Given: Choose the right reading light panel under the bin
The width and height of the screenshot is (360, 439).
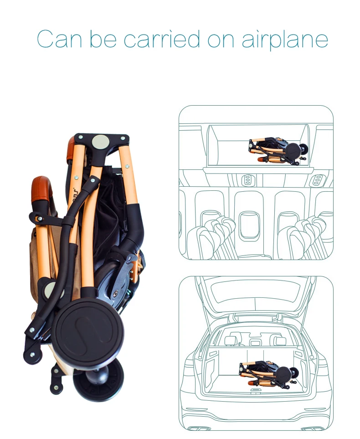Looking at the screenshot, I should click(x=316, y=180).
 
